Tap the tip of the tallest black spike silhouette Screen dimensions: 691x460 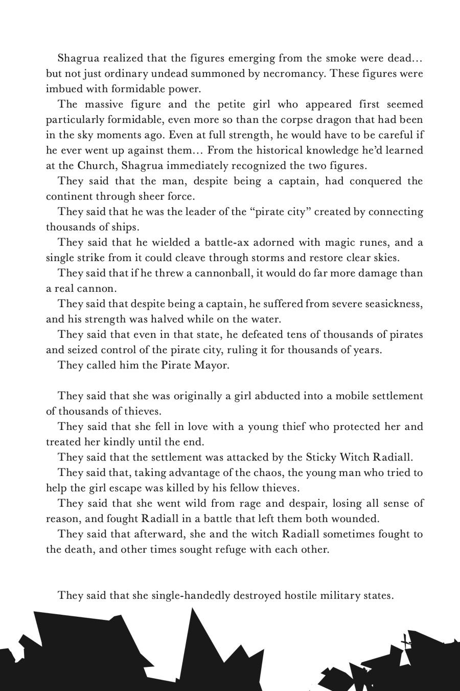coord(192,609)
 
